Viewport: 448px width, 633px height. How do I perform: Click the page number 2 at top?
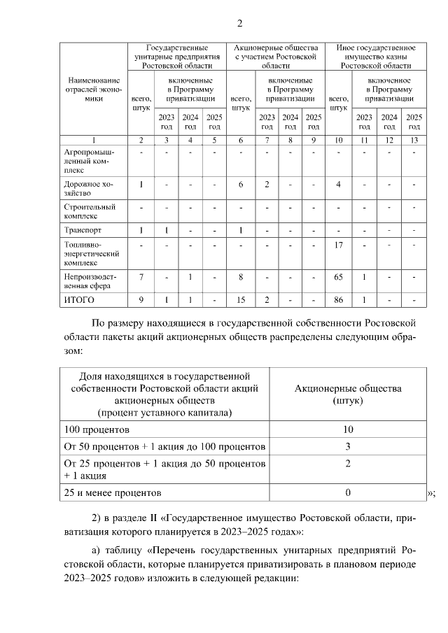[239, 24]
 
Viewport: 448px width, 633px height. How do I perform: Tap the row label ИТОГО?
[78, 300]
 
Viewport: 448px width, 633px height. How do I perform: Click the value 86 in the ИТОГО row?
[338, 300]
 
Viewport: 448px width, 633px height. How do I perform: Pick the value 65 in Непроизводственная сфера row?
[338, 278]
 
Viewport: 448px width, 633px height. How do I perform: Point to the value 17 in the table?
[338, 245]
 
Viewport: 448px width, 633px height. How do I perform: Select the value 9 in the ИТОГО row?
[141, 300]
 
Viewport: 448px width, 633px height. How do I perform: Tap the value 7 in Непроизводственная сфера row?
[141, 278]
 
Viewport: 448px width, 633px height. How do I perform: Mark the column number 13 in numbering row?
[414, 141]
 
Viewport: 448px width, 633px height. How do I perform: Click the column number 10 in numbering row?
[338, 141]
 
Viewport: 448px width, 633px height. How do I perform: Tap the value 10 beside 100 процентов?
[348, 429]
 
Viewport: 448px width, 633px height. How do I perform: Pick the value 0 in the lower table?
[348, 492]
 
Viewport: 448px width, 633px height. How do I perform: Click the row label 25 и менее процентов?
[113, 492]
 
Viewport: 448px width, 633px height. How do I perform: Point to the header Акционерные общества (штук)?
[348, 394]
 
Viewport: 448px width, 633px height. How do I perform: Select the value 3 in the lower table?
[348, 446]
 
